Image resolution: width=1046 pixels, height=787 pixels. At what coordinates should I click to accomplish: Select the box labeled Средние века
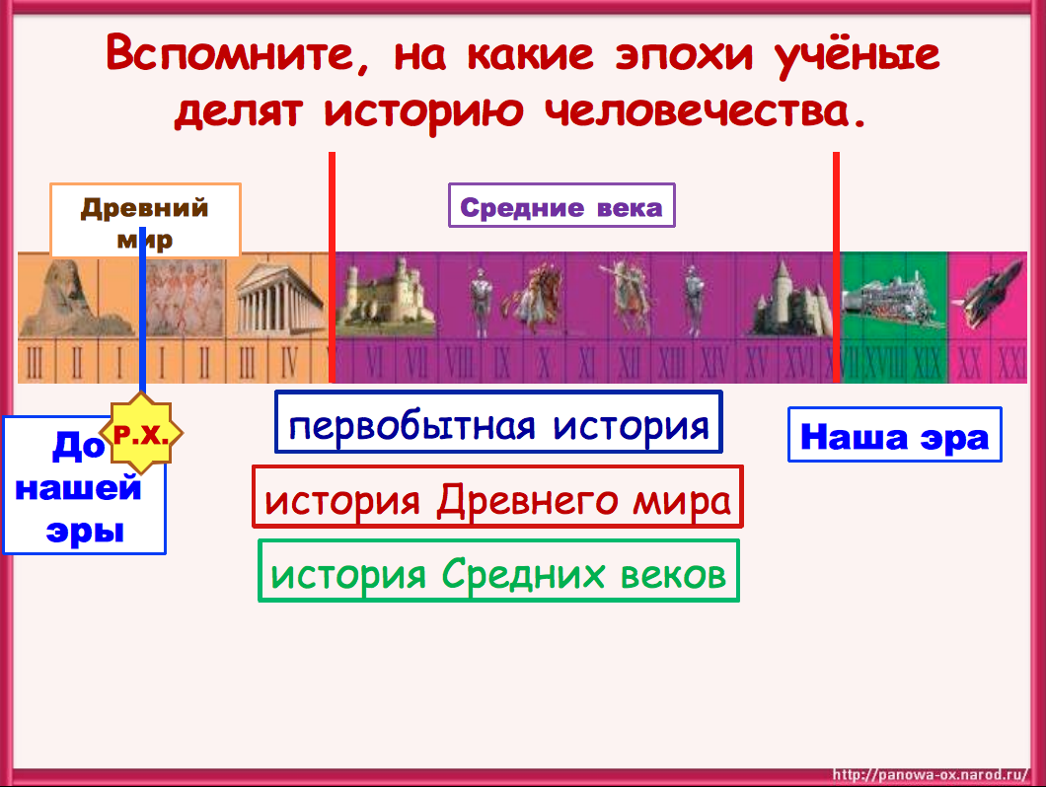(561, 206)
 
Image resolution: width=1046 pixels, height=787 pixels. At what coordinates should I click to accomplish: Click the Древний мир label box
(145, 220)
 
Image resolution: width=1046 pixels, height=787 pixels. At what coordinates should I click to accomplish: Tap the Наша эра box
(894, 435)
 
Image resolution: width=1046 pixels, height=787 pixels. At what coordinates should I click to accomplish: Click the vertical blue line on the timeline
(143, 325)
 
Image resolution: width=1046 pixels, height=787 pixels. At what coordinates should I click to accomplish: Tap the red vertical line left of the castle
(333, 266)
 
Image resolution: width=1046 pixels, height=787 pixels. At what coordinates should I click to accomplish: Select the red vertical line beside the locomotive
(836, 266)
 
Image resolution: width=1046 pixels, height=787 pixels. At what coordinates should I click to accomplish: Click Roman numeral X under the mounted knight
(544, 363)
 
